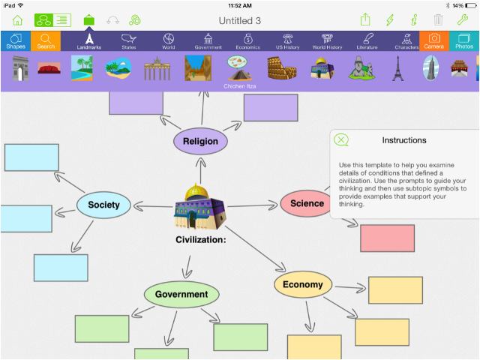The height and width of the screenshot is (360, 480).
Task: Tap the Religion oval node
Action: click(x=200, y=142)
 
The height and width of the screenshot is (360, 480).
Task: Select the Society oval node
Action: click(x=103, y=205)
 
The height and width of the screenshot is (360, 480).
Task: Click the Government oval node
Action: click(x=181, y=294)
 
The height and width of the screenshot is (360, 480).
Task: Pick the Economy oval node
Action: click(x=303, y=284)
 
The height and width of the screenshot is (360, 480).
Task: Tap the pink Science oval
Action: click(x=306, y=203)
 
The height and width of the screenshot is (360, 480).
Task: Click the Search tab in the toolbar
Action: click(x=46, y=41)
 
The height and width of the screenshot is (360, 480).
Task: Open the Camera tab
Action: click(x=433, y=41)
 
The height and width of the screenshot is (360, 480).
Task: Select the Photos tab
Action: click(x=464, y=41)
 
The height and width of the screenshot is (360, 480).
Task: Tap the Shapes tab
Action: click(x=16, y=41)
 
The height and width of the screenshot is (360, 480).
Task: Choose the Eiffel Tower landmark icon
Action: click(x=398, y=68)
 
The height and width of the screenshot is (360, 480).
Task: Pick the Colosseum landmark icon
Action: click(x=282, y=68)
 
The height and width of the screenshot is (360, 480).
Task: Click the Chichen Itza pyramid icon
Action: click(x=240, y=68)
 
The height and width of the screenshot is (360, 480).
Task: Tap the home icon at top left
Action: click(x=17, y=20)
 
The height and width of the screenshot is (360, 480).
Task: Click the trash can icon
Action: click(x=438, y=20)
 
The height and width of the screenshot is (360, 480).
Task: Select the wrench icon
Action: click(x=463, y=20)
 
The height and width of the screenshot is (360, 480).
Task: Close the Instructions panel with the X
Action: click(x=341, y=140)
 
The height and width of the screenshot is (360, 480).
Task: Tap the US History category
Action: click(x=287, y=41)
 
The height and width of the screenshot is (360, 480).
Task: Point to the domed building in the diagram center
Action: click(x=200, y=207)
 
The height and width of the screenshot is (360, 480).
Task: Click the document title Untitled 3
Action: click(x=240, y=21)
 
